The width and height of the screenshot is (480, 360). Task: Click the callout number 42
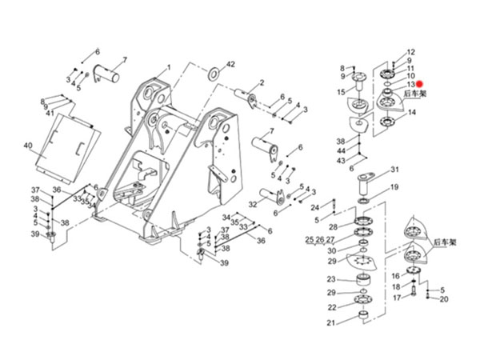coord(230,63)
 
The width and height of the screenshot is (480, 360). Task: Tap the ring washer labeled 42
coord(215,74)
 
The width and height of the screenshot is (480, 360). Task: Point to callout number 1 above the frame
coord(169,67)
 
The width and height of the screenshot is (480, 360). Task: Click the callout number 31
coord(394,170)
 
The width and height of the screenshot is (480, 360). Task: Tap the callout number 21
coord(330,323)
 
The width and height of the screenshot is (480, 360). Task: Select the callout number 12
coord(411,52)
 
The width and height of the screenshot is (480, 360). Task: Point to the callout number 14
coord(412,113)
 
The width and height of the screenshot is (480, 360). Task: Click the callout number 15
coord(341,94)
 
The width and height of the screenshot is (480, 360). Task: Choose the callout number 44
coord(341,150)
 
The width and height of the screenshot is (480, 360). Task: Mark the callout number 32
coord(253,204)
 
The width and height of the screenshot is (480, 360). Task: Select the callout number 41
coord(50,114)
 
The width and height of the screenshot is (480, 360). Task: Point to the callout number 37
coord(35,190)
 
